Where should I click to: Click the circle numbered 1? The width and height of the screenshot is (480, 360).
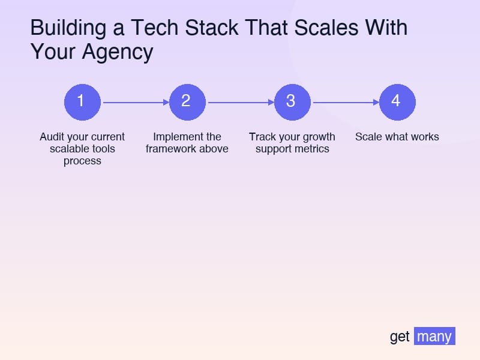82,102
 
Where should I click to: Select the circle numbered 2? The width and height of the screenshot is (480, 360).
187,102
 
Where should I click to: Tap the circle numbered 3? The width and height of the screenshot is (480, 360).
292,102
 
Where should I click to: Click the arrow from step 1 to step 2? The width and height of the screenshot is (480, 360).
135,103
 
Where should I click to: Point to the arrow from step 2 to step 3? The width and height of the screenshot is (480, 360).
240,103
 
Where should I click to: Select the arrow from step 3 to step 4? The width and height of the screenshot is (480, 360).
345,103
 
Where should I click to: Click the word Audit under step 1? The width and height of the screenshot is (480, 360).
52,137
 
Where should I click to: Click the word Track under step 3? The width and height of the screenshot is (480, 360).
263,137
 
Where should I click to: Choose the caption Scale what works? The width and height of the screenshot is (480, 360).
397,137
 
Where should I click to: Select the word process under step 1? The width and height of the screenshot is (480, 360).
82,161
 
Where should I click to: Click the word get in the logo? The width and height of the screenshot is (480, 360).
400,337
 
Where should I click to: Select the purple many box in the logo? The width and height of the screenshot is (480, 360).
434,337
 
